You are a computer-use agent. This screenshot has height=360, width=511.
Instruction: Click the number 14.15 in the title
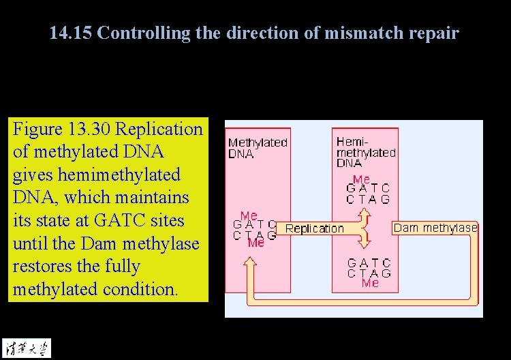pos(71,33)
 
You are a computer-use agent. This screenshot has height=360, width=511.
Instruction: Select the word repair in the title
pos(433,33)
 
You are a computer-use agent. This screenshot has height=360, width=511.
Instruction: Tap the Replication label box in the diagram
pos(314,228)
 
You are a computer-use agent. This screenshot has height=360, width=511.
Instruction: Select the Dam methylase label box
pos(435,228)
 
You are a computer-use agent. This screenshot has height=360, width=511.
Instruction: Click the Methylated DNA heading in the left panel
pos(257,148)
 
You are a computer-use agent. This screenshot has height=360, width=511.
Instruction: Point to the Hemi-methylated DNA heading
pos(365,152)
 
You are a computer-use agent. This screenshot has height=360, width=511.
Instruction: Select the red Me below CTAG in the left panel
pos(256,243)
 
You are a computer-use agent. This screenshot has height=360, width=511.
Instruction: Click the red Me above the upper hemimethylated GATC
pos(361,179)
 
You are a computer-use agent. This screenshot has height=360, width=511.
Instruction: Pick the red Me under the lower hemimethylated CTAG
pos(370,282)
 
